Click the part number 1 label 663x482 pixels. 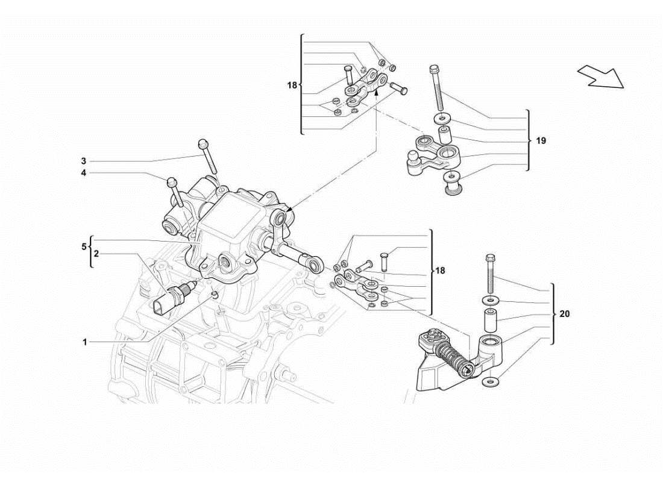point(85,342)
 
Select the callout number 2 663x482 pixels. point(96,254)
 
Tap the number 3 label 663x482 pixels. point(85,161)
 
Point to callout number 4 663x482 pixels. point(85,174)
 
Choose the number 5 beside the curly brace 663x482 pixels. point(85,246)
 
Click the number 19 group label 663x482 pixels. point(541,140)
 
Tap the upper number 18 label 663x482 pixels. point(292,86)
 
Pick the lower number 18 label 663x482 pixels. point(441,271)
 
